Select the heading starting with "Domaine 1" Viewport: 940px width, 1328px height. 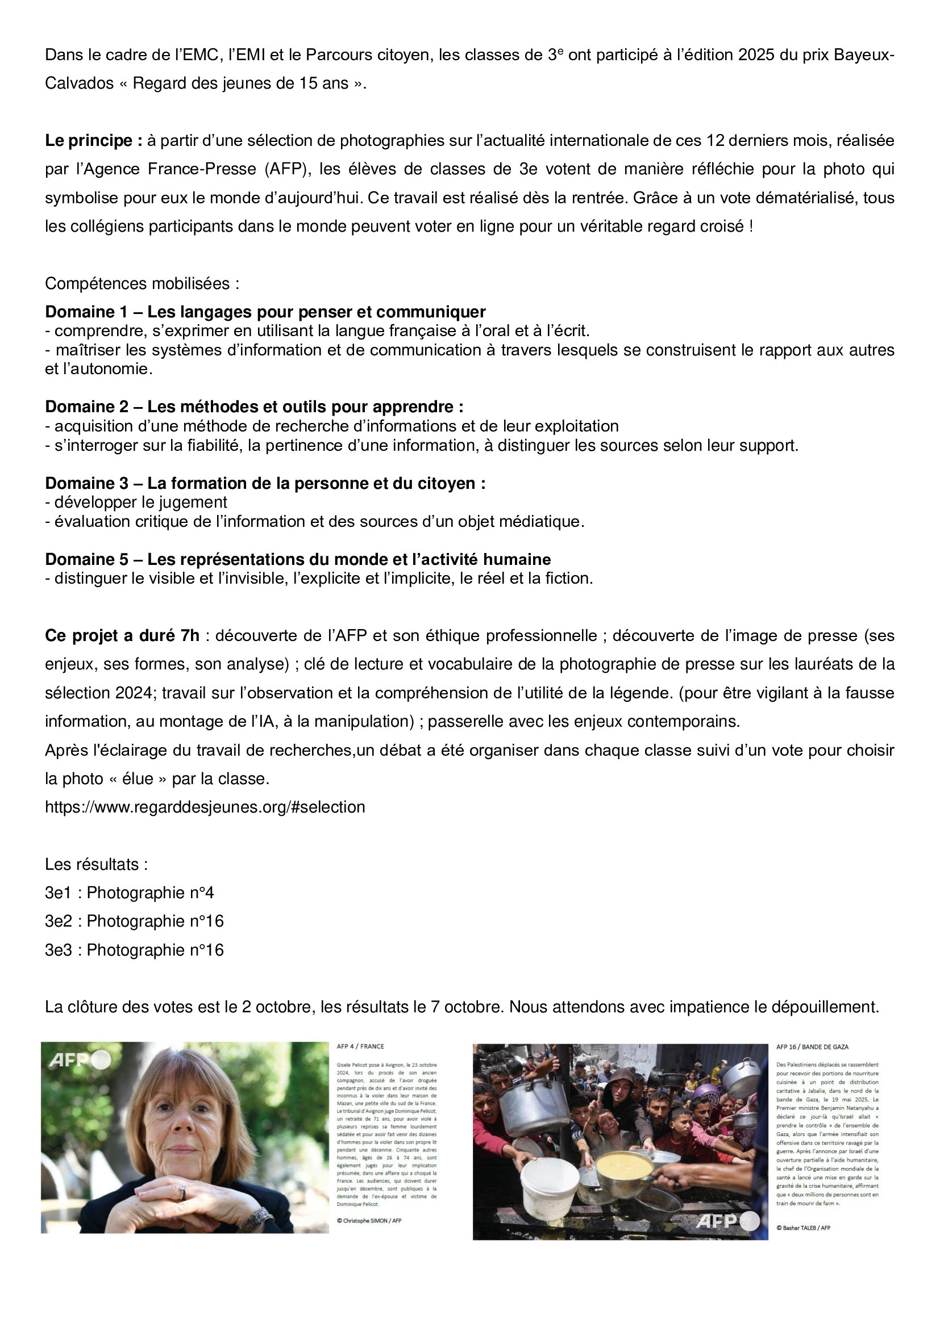coord(265,312)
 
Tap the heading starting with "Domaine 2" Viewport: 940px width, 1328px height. coord(254,407)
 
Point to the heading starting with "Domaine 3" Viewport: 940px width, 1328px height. coord(265,483)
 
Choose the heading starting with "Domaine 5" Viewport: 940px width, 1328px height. coord(297,559)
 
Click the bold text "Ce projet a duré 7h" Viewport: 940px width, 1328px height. coord(122,635)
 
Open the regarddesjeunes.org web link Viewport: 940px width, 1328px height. coord(205,807)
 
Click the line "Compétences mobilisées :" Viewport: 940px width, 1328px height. coord(142,283)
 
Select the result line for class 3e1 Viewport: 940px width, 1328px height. coord(129,893)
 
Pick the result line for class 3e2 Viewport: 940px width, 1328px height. coord(134,921)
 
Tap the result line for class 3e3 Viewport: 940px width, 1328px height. coord(134,950)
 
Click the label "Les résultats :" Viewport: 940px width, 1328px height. coord(96,864)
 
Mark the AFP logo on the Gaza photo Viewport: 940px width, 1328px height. coord(727,1221)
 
